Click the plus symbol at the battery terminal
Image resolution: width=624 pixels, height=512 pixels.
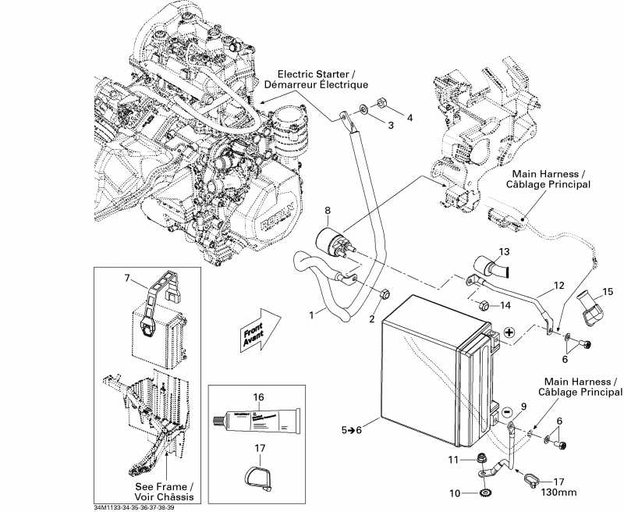(x=509, y=332)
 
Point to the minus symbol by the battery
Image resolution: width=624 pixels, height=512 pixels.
(x=507, y=411)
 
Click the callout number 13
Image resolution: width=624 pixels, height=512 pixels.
(x=503, y=252)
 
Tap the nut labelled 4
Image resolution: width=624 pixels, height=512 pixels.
(x=383, y=102)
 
